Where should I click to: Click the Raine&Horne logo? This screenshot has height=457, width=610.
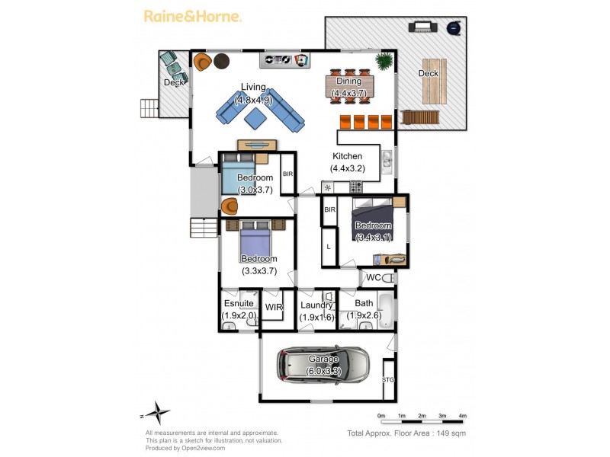(x=193, y=17)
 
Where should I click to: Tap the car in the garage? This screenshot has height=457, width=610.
(x=323, y=366)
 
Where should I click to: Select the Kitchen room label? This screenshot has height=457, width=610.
(x=348, y=156)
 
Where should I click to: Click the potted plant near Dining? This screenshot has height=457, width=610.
(x=384, y=61)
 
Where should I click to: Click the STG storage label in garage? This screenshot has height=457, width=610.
(x=388, y=379)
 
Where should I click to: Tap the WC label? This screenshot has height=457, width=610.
(x=374, y=277)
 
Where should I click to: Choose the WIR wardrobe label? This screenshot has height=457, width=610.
(x=274, y=307)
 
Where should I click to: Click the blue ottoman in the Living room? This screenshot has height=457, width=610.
(x=255, y=118)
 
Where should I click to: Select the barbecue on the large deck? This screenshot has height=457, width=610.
(x=423, y=27)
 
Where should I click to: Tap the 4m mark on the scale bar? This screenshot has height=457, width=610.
(x=463, y=416)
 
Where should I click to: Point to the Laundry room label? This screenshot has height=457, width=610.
(x=316, y=305)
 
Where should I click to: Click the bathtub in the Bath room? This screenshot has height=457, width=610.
(x=387, y=312)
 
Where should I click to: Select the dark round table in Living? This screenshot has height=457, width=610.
(x=222, y=61)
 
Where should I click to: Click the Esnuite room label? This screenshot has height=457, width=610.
(x=239, y=303)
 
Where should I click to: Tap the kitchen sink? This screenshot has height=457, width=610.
(x=387, y=162)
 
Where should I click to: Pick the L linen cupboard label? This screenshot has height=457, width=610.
(x=329, y=247)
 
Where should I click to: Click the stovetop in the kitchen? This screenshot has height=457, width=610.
(x=355, y=187)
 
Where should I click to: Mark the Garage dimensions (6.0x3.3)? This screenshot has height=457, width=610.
(x=323, y=371)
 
